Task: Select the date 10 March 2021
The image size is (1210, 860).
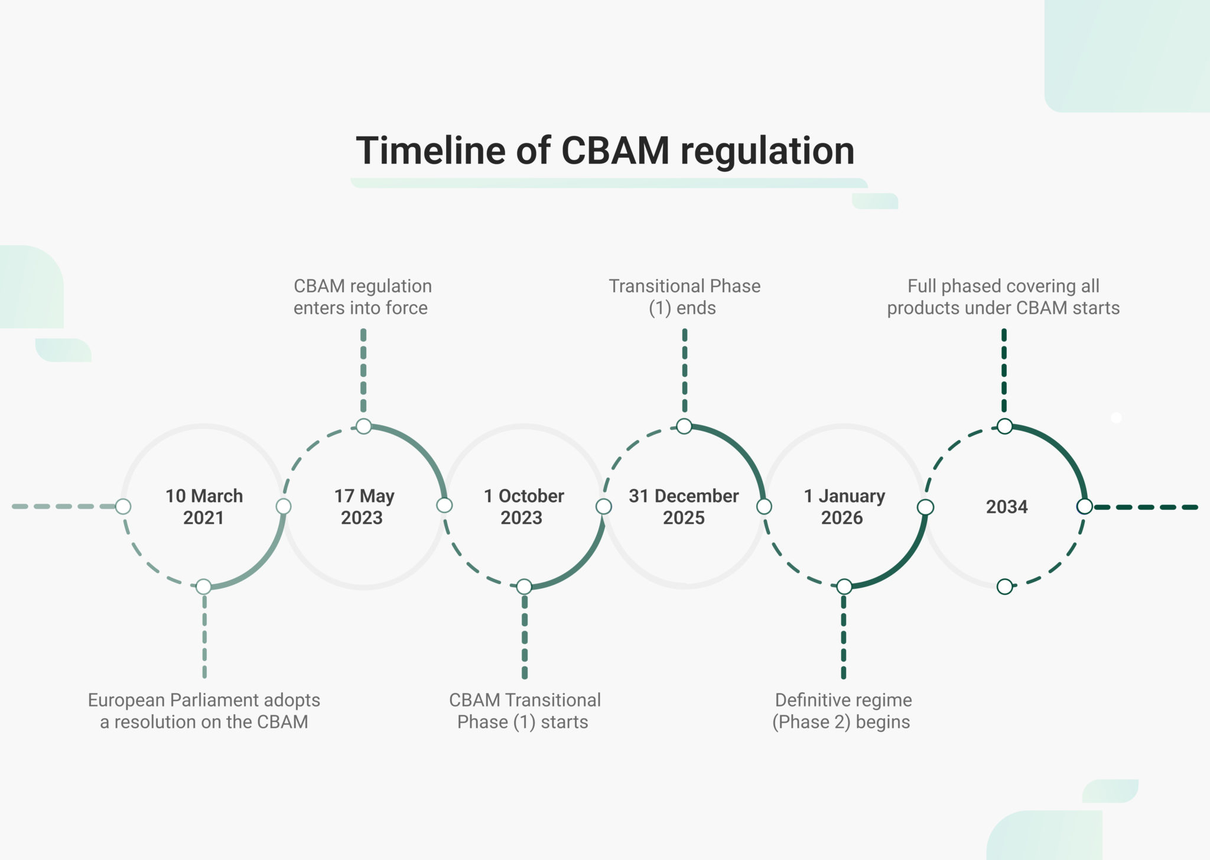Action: coord(204,507)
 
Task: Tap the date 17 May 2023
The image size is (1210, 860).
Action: coord(363,507)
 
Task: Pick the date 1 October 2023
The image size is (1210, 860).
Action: coord(523,507)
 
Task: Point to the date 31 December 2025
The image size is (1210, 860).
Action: coord(684,507)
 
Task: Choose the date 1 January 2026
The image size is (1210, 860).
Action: coord(844,507)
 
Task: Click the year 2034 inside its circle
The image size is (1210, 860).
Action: coord(1007,507)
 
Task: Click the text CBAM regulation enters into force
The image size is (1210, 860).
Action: coord(363,297)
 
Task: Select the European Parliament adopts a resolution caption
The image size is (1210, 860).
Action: coord(204,711)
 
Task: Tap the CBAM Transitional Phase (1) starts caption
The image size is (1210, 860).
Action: coord(524,711)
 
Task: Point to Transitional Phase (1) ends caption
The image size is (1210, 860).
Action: coord(684,297)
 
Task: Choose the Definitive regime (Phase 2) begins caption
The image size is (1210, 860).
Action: coord(843,711)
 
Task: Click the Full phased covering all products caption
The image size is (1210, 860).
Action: coord(1003,297)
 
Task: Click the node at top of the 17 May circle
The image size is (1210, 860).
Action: coord(364,426)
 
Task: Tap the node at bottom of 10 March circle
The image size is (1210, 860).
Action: coord(204,587)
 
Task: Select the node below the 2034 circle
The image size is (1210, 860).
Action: coord(1004,587)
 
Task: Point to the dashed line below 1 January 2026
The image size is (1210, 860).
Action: coord(843,638)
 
